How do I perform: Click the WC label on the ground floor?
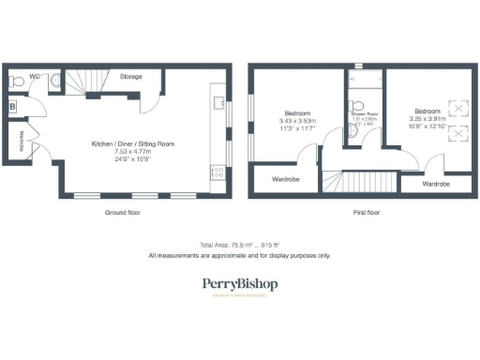[33, 75]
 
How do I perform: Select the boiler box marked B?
[11, 107]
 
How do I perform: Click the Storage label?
[130, 76]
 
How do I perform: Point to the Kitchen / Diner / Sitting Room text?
[133, 143]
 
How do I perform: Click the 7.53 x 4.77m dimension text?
[133, 152]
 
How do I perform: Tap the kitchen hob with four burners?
[217, 172]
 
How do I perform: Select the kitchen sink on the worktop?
[217, 101]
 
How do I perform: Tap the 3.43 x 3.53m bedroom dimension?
[298, 119]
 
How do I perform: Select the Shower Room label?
[364, 114]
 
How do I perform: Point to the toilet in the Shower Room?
[355, 104]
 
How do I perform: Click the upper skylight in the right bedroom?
[457, 108]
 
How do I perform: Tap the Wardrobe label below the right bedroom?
[435, 184]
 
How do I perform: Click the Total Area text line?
[239, 244]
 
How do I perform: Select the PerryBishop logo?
[240, 285]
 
